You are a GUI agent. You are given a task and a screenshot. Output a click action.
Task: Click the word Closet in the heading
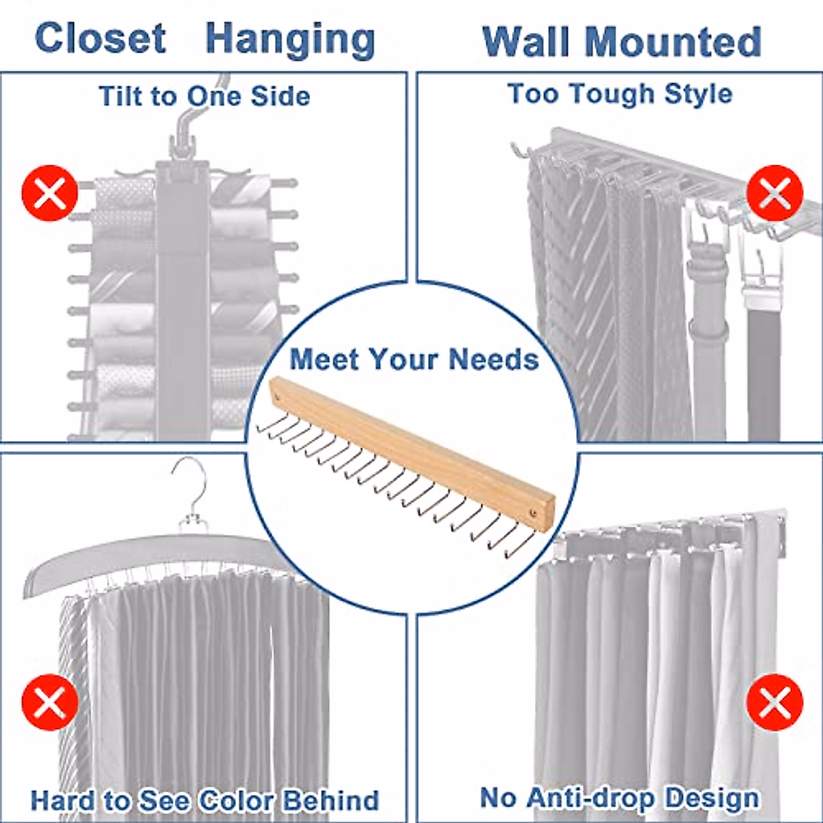100,38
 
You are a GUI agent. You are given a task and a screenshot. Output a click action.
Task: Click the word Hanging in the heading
290,40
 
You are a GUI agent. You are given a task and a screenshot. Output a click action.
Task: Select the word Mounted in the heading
673,42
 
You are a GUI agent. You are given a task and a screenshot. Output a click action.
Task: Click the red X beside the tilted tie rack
49,193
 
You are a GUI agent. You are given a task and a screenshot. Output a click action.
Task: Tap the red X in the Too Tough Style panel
774,193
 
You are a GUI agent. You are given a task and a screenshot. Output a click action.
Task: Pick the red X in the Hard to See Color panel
49,702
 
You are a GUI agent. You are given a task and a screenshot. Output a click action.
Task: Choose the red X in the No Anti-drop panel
774,702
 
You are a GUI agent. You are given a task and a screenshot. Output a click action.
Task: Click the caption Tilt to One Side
204,96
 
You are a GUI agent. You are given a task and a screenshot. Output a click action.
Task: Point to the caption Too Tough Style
619,94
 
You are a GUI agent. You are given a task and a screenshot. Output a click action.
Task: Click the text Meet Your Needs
414,359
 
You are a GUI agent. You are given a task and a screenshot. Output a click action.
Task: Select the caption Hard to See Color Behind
204,800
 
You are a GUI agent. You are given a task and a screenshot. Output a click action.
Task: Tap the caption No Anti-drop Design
619,798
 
